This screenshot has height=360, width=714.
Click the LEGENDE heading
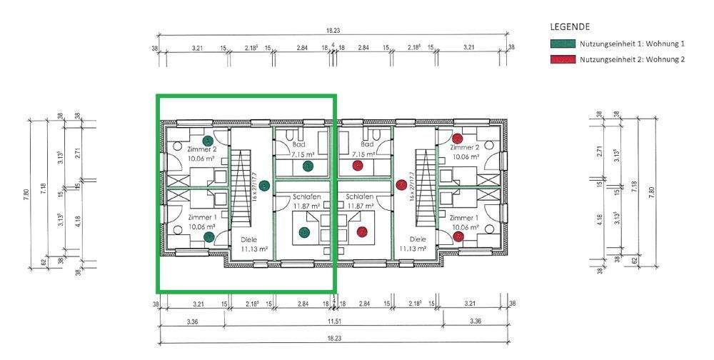[x=570, y=26]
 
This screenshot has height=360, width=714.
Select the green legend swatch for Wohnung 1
[x=563, y=44]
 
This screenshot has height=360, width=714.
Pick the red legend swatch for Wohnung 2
[x=563, y=59]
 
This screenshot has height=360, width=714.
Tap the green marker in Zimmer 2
[x=207, y=140]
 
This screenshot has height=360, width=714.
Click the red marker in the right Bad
[x=358, y=166]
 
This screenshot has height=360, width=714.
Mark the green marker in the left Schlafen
[x=304, y=232]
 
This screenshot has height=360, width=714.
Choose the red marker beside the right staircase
[x=401, y=186]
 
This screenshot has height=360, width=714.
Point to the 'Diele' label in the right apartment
[x=418, y=239]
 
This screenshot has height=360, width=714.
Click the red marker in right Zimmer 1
[x=458, y=236]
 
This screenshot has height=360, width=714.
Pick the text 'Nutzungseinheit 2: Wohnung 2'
[x=632, y=59]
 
